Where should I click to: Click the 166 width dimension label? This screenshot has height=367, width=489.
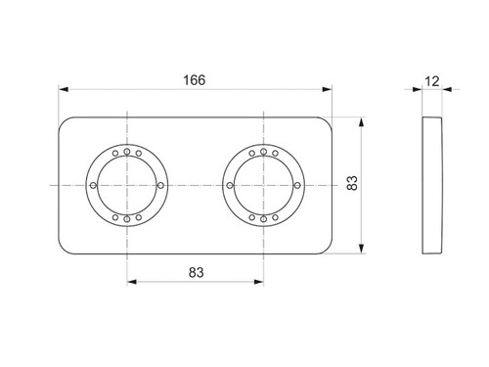[195, 80]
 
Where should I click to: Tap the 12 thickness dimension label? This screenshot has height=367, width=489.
[432, 81]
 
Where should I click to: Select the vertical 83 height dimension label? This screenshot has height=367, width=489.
[352, 183]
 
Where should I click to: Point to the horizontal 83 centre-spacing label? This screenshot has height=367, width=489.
[196, 272]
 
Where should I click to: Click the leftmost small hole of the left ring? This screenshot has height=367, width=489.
[93, 185]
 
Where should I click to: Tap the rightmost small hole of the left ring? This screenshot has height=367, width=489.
[160, 185]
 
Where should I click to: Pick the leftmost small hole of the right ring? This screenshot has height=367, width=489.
[230, 185]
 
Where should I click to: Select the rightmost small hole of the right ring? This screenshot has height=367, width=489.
[297, 185]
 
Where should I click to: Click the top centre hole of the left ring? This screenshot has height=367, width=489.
[127, 152]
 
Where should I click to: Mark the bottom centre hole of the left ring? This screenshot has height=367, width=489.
[127, 219]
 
